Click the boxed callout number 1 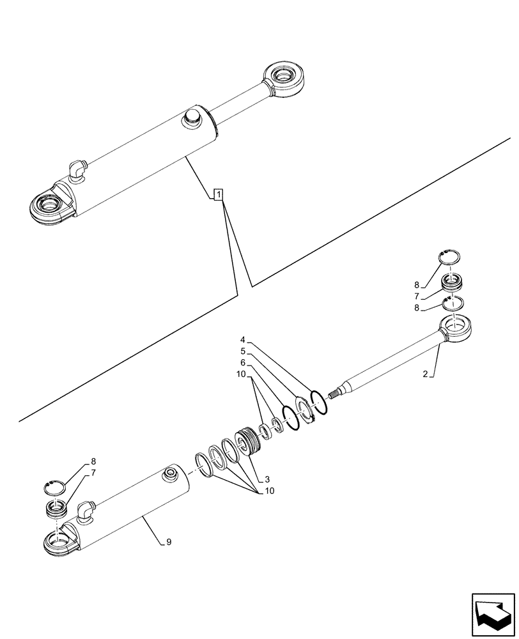point(218,194)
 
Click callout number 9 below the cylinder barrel point(168,543)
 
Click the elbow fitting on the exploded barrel point(86,511)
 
